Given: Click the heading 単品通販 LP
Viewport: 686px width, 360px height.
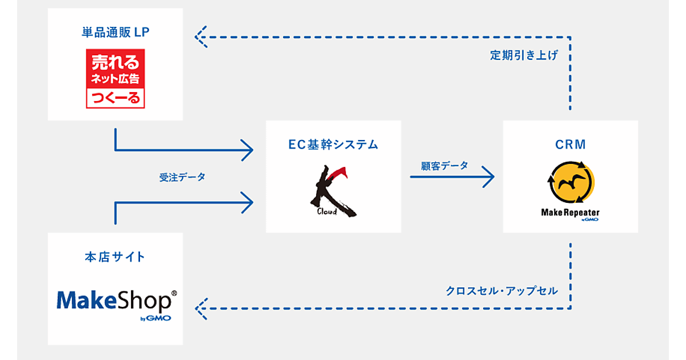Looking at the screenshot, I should [115, 31].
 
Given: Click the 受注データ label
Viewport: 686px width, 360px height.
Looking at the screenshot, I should [182, 177].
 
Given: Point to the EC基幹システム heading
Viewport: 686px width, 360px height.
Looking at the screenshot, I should [333, 145].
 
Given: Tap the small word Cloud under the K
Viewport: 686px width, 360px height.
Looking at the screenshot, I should [326, 211].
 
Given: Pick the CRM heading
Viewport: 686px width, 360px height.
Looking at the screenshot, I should [570, 145].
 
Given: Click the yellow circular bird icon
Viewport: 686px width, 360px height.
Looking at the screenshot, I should [570, 183].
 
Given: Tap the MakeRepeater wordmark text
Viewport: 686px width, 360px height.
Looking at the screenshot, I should [569, 213].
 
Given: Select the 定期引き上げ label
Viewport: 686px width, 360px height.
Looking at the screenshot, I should [524, 55].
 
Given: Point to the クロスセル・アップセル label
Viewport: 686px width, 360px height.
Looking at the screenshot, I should [501, 290].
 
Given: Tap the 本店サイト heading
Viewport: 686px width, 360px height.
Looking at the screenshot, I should [115, 257].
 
